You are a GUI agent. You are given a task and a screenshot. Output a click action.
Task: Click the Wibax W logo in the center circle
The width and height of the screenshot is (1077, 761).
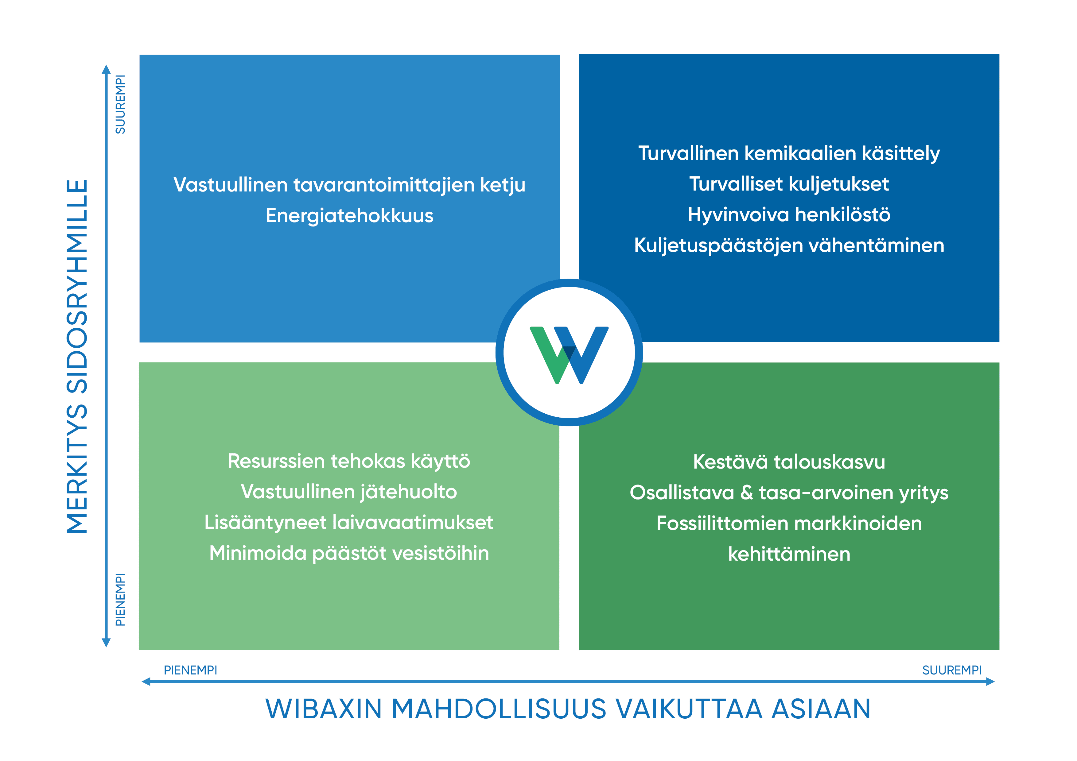click(x=569, y=355)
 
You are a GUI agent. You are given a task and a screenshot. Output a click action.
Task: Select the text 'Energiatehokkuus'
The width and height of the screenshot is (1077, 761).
click(x=349, y=216)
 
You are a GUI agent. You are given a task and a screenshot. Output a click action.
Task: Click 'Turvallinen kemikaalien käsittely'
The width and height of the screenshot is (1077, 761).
click(x=789, y=154)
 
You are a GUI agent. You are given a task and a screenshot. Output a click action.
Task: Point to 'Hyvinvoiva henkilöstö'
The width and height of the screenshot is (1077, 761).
click(x=789, y=215)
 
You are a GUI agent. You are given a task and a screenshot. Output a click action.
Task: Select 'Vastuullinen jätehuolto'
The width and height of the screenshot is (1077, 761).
click(x=349, y=492)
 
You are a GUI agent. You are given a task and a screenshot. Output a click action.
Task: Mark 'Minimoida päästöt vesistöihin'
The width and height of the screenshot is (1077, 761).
click(x=349, y=553)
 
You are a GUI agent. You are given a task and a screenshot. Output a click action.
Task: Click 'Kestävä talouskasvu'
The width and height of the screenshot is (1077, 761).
click(x=789, y=462)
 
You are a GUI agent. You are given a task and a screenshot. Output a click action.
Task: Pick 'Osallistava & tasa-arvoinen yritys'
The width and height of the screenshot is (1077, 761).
click(x=789, y=493)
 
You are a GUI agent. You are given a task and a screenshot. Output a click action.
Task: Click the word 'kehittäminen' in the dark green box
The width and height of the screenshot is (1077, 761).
click(x=789, y=554)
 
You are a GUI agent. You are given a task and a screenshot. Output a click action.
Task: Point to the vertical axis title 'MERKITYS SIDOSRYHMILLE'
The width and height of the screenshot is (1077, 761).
click(x=77, y=356)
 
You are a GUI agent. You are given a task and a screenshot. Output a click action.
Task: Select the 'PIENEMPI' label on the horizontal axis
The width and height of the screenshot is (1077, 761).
click(x=190, y=670)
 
